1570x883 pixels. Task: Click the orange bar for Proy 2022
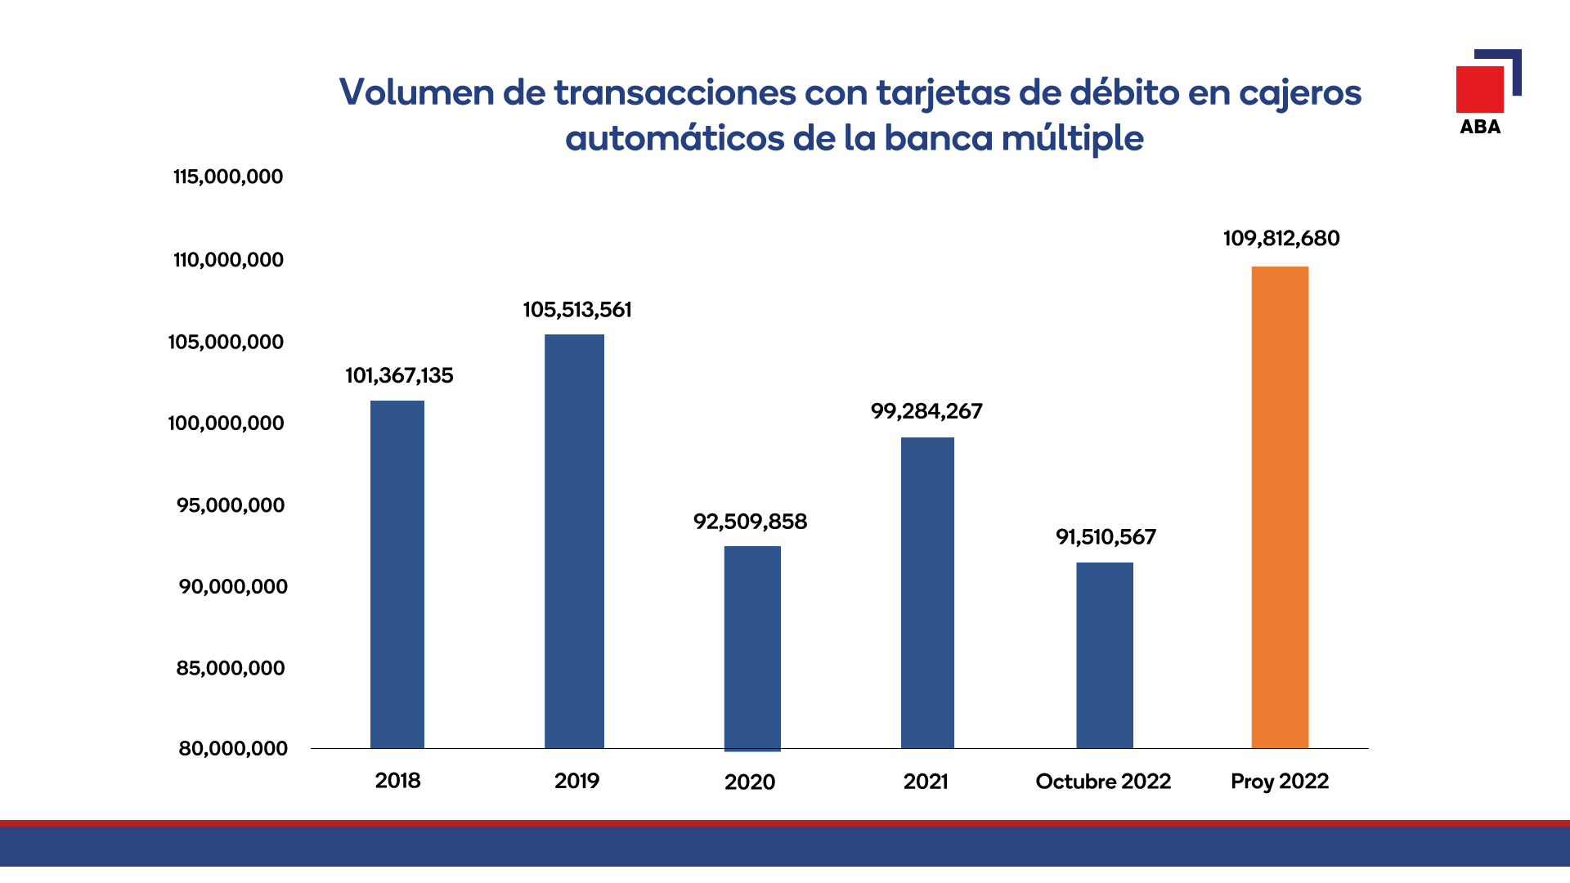coord(1280,507)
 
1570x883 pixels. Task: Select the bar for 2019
coord(574,541)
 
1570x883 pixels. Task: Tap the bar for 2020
coord(752,648)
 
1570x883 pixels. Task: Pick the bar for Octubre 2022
coord(1104,655)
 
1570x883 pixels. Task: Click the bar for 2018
coord(397,574)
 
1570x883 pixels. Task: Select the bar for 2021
coord(927,593)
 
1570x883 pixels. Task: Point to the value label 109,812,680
coord(1281,239)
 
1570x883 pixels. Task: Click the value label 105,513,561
coord(577,310)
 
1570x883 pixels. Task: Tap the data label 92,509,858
coord(750,522)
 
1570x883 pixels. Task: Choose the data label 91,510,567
coord(1106,537)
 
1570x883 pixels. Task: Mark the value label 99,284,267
coord(926,411)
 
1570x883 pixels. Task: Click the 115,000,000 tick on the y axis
coord(228,177)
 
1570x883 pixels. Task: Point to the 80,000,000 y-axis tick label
coord(233,748)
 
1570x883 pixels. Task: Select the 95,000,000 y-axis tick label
coord(231,505)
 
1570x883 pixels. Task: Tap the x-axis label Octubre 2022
coord(1103,782)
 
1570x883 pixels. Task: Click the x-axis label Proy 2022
coord(1280,782)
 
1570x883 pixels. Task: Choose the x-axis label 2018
coord(397,781)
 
